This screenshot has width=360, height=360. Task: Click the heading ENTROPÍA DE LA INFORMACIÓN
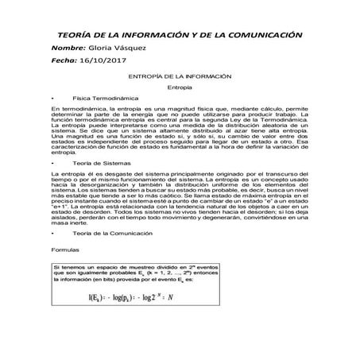coord(180,75)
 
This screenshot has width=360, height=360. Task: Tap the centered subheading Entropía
coord(180,86)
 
